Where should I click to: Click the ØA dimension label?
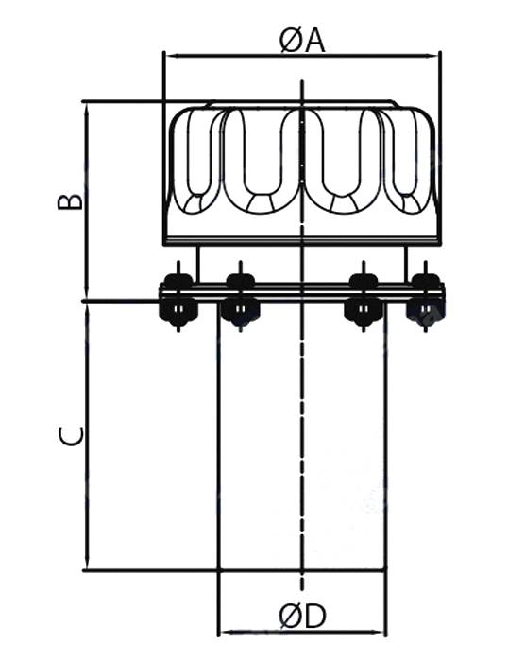pos(302,42)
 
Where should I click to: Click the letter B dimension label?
pos(70,202)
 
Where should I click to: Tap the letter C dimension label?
pos(71,436)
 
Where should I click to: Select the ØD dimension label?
pos(302,617)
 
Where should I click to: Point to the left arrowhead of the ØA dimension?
pos(172,55)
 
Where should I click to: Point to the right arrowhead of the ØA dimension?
pos(432,55)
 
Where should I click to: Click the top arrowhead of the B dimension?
pos(87,109)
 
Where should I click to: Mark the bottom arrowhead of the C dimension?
pos(87,564)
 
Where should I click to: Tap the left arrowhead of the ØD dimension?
pos(228,632)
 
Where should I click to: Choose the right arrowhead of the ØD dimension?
pos(378,632)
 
